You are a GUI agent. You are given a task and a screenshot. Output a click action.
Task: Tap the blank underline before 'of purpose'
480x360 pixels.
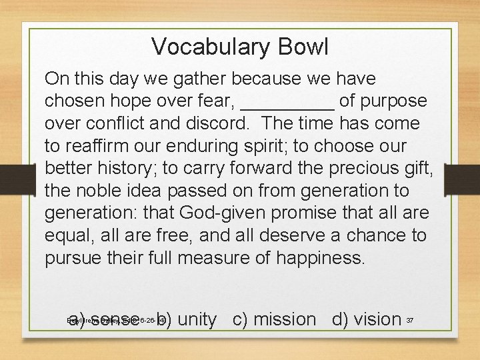coord(287,101)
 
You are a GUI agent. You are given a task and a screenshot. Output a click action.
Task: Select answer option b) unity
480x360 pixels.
coord(187,319)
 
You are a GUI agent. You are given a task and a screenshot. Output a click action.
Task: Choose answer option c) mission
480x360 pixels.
coord(274,319)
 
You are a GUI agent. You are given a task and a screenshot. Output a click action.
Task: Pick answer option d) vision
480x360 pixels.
coord(367,319)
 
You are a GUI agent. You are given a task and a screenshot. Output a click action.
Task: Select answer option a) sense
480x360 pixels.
coord(103,319)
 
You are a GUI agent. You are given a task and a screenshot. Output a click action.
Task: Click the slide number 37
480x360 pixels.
coord(410,321)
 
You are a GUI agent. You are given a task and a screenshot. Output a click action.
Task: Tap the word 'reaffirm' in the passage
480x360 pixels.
coord(93,147)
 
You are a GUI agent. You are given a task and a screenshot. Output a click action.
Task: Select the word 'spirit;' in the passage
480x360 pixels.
coord(254,147)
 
